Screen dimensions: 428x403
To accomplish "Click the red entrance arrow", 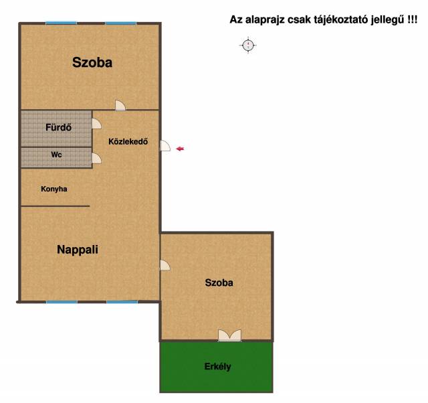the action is tap(180, 149).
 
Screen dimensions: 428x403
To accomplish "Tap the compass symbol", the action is tap(248, 45).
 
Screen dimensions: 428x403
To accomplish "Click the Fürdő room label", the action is tap(58, 127).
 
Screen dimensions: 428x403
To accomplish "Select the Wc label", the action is tap(56, 155).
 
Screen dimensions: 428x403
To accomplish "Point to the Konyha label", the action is tap(54, 189).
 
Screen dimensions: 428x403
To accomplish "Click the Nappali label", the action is tap(78, 250).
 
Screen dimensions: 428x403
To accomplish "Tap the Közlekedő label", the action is tap(128, 141).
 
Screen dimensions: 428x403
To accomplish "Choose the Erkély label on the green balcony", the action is tap(217, 366).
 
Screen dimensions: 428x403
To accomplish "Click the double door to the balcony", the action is tap(229, 335).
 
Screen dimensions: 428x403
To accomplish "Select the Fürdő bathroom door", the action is tap(96, 123).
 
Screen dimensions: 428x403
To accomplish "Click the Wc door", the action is tap(96, 159).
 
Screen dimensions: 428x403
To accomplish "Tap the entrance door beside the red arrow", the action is tap(165, 146).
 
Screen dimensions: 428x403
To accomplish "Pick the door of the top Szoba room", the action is tap(120, 106).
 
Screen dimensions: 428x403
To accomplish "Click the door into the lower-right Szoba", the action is tap(165, 265).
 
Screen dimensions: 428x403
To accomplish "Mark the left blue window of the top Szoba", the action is tap(61, 23).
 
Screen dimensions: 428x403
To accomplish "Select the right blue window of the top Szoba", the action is tap(120, 23).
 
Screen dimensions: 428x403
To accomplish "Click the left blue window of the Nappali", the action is tap(62, 302).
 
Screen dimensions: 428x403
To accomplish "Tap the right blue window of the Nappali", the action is tap(122, 302).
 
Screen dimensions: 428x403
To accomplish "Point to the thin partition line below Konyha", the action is tap(56, 206).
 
